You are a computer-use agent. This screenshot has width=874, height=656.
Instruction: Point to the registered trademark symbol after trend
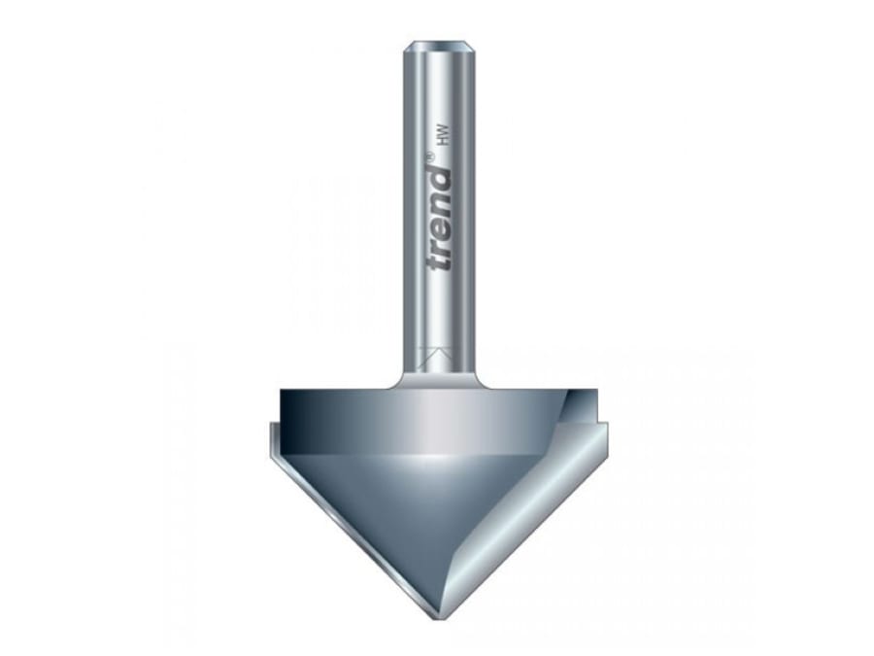(432, 155)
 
